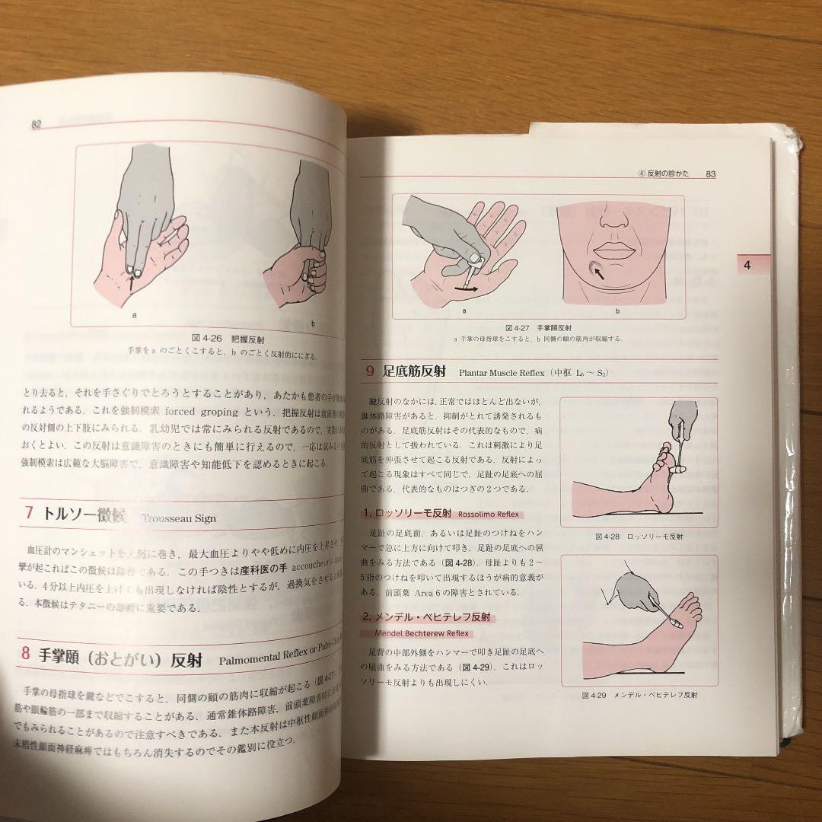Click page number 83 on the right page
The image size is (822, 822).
point(712,174)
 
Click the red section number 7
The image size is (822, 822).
point(28,514)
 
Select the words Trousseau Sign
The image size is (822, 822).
point(179,518)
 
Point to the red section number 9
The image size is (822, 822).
point(369,371)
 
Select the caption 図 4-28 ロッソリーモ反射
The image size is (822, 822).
point(639,536)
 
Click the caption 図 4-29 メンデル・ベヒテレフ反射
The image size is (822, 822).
point(639,695)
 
